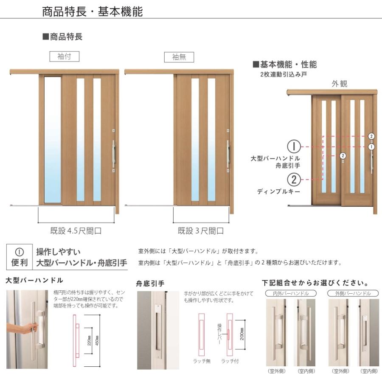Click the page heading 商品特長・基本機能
(92, 11)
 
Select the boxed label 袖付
(64, 56)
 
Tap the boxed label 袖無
(179, 57)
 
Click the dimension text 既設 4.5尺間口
(76, 231)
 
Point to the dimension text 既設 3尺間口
(201, 231)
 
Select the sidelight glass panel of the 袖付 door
(53, 140)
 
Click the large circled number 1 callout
(294, 146)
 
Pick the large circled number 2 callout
(294, 180)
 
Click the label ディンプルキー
(278, 192)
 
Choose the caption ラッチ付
(230, 361)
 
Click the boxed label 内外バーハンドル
(292, 293)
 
